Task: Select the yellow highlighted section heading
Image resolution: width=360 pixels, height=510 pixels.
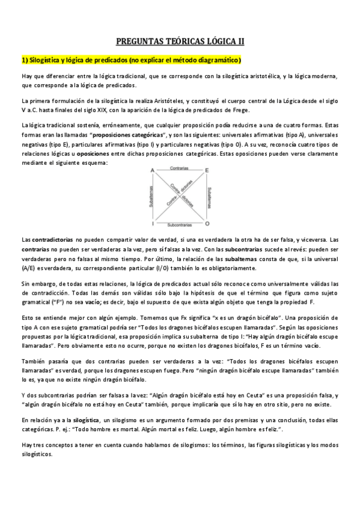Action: (x=131, y=61)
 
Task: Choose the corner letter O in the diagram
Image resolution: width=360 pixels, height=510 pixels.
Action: (x=207, y=224)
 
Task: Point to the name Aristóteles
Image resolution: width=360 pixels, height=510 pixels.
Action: (x=164, y=101)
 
